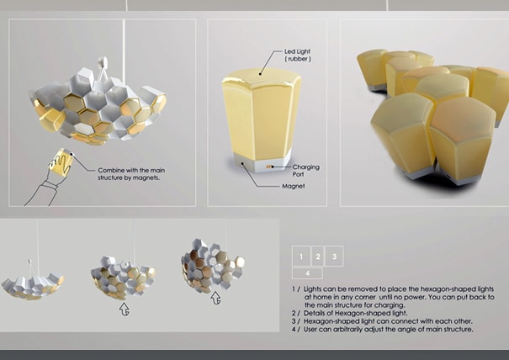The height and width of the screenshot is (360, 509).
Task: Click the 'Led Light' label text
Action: coord(297,51)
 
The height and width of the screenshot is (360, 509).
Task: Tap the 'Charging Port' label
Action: coord(305,171)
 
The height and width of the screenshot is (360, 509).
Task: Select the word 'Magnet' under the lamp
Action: coord(293,187)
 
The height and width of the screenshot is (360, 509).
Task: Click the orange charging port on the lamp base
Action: coord(268,167)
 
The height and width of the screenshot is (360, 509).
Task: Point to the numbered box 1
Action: coord(301,257)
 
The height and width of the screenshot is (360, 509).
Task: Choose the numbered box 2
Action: coord(318,257)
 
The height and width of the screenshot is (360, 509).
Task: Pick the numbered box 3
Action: coord(334,257)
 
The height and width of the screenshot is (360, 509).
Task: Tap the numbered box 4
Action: coord(307,273)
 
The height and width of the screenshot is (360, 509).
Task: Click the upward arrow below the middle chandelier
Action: coord(125,309)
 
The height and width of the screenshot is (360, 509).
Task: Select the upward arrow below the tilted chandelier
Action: coord(215,298)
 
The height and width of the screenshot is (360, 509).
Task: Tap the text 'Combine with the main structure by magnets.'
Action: coord(131,174)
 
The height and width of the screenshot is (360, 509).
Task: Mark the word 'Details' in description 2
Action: coord(314,313)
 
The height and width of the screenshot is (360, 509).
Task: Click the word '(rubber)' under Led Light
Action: coord(298,59)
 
